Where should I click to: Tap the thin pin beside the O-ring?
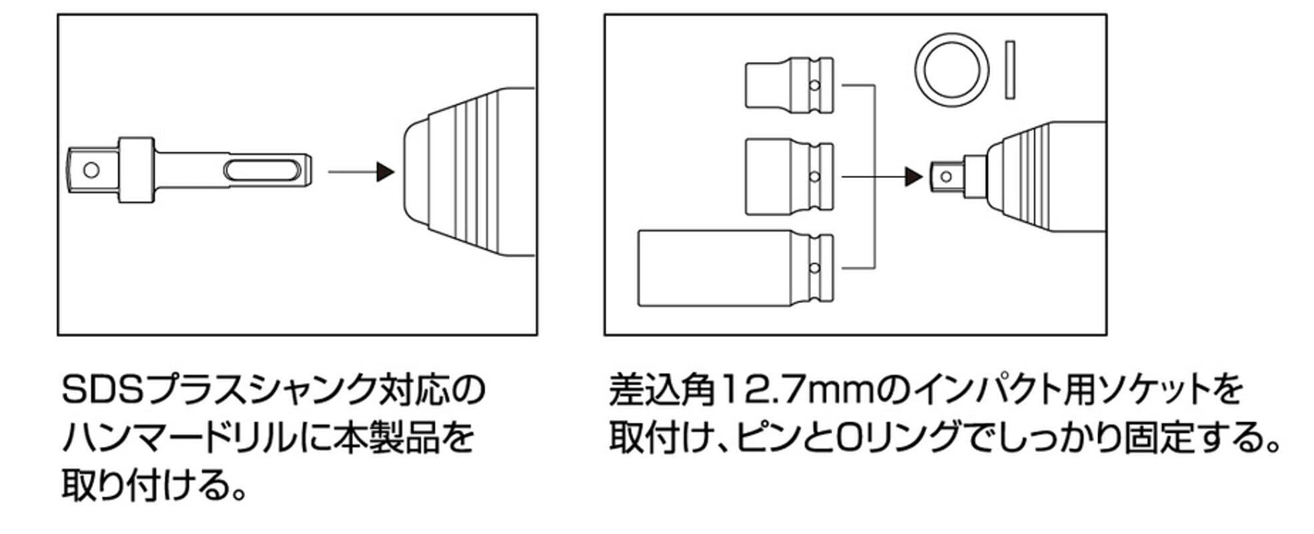(1009, 71)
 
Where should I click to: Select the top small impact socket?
(789, 85)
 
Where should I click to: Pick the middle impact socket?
(789, 176)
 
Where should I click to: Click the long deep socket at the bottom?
(736, 268)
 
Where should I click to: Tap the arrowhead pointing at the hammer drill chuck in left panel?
(385, 172)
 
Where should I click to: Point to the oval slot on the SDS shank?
(261, 171)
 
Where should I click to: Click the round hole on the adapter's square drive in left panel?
(91, 170)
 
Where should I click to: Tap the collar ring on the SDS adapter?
(136, 170)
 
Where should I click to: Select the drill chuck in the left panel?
(470, 172)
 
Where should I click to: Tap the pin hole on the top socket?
(814, 85)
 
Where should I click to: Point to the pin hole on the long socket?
(814, 268)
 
